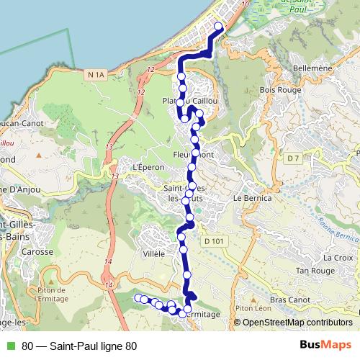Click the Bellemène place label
point(312,68)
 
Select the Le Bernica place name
point(252,197)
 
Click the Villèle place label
point(155,254)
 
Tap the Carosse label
point(38,252)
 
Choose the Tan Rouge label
point(312,270)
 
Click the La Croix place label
point(337,257)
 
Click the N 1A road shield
point(94,74)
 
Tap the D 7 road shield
point(292,158)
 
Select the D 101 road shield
point(210,242)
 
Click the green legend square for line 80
point(10,346)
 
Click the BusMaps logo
point(325,346)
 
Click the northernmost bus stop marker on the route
point(218,27)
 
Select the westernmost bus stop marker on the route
point(138,297)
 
